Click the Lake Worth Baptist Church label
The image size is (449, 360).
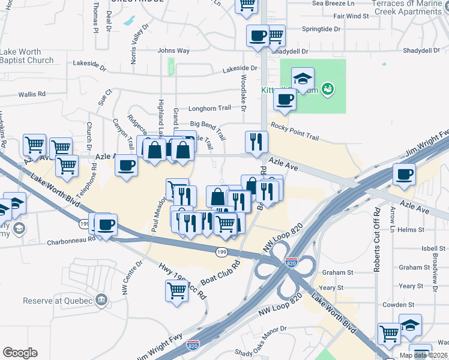pos(27,56)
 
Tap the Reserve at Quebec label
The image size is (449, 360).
pos(58,301)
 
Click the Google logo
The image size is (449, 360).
pos(20,353)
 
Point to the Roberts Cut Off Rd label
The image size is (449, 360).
pos(377,240)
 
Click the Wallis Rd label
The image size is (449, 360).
pos(32,94)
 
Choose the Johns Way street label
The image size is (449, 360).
pos(173,51)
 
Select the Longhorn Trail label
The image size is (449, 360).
pos(209,109)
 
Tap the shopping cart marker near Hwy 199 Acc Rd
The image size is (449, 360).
pos(176,290)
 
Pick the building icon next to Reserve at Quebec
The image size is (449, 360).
pos(101,299)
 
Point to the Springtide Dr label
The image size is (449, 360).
pos(321,29)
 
